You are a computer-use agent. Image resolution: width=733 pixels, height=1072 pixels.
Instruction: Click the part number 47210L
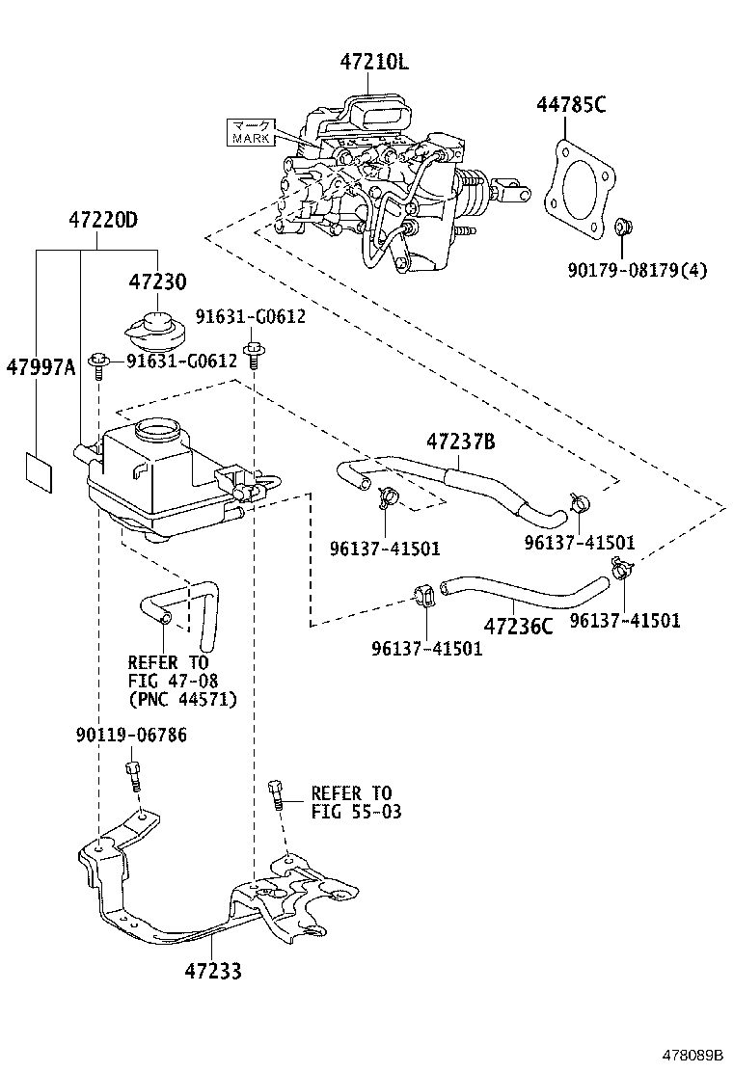pyautogui.click(x=373, y=63)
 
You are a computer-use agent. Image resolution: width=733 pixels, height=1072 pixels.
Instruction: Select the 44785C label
pyautogui.click(x=571, y=106)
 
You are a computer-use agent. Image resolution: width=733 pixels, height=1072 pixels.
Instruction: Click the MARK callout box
pyautogui.click(x=252, y=132)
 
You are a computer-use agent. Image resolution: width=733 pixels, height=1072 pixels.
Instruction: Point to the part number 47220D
pyautogui.click(x=102, y=220)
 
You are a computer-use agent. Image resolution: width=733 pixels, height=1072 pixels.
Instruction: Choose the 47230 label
pyautogui.click(x=158, y=281)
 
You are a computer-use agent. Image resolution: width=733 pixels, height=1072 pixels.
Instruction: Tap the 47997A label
pyautogui.click(x=40, y=366)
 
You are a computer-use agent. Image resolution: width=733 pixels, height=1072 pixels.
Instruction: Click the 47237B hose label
pyautogui.click(x=461, y=442)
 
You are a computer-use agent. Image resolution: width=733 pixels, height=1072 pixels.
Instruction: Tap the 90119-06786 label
pyautogui.click(x=131, y=736)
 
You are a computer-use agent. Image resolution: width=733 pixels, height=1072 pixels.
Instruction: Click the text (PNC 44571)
pyautogui.click(x=182, y=700)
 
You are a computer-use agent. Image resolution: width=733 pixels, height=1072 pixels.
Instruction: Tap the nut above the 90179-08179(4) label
pyautogui.click(x=622, y=228)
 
